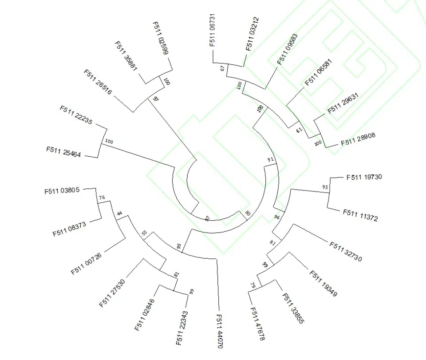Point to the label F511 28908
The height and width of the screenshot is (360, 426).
[358, 139]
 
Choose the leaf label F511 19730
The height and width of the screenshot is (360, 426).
[364, 177]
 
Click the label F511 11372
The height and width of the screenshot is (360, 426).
[360, 215]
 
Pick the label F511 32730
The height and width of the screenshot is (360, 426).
[346, 252]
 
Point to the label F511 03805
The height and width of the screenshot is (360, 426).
[62, 191]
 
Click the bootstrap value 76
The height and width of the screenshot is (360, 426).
[102, 198]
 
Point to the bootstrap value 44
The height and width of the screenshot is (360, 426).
[119, 214]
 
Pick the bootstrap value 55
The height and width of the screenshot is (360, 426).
[144, 232]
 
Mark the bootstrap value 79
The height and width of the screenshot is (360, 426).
[253, 285]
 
